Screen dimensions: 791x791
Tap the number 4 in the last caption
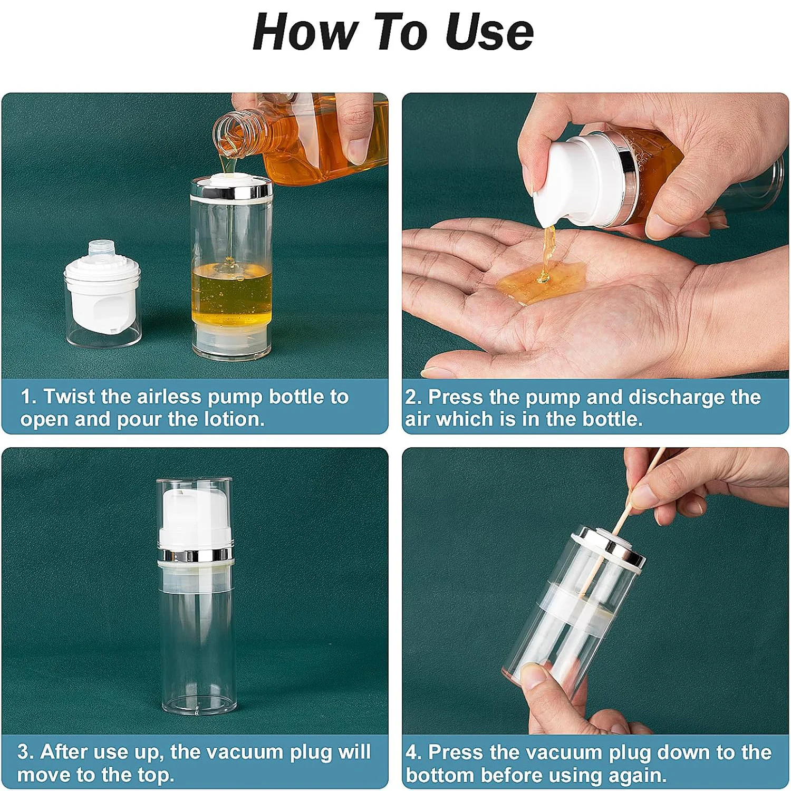point(413,753)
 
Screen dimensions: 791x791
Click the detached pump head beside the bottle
point(102,295)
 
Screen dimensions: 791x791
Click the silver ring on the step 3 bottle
point(195,554)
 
